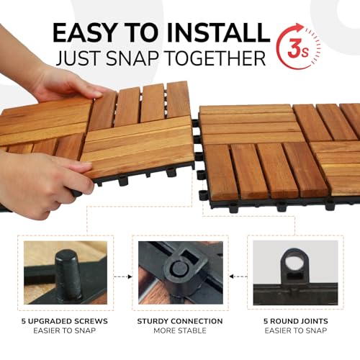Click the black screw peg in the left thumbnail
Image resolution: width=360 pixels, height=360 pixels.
click(69, 274)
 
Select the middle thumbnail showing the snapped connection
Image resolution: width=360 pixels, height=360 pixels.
click(179, 272)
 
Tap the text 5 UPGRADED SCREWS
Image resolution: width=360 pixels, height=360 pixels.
click(66, 321)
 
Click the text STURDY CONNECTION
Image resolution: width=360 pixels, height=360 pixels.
click(180, 321)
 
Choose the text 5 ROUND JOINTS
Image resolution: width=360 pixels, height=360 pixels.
click(294, 321)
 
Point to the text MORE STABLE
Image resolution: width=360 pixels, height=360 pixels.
click(180, 331)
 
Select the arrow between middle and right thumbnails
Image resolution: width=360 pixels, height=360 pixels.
click(237, 275)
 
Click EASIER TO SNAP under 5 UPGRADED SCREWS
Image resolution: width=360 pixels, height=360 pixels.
click(66, 331)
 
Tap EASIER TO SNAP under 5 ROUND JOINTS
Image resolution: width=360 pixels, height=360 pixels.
click(294, 331)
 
